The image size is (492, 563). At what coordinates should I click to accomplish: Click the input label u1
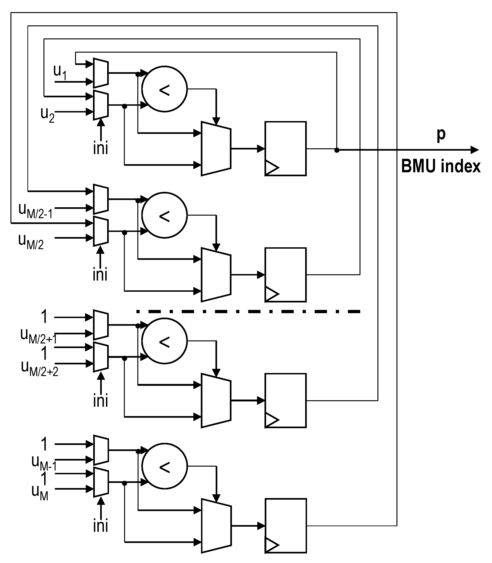click(x=60, y=72)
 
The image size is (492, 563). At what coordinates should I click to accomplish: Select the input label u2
click(x=47, y=114)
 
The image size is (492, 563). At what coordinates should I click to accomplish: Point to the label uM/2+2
click(x=40, y=369)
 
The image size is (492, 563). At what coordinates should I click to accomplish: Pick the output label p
click(x=441, y=134)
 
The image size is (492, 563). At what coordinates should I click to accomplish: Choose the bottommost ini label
click(x=100, y=526)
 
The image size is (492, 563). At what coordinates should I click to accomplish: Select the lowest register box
click(x=286, y=526)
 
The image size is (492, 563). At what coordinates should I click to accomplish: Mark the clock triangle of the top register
click(x=271, y=167)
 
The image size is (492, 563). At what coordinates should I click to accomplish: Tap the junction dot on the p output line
click(x=337, y=150)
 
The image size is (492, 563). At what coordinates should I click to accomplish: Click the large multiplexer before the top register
click(x=216, y=149)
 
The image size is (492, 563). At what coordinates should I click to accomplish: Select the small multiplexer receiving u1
click(x=101, y=73)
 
